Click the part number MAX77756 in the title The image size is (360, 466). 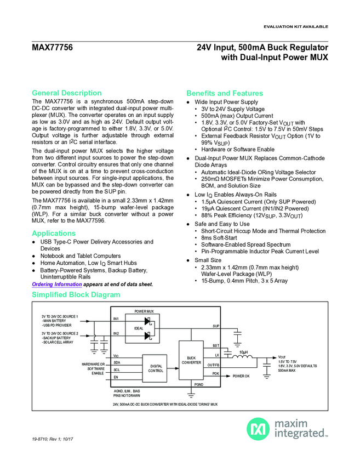click(53, 48)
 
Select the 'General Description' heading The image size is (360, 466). click(67, 93)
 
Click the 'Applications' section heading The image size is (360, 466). click(54, 234)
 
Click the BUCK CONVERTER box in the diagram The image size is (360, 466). click(191, 361)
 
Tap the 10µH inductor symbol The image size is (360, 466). click(244, 356)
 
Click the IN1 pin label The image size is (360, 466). click(116, 319)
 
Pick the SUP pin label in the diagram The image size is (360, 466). click(215, 327)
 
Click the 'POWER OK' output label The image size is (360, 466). click(241, 376)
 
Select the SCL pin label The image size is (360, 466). click(116, 370)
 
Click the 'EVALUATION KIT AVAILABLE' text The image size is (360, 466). click(296, 26)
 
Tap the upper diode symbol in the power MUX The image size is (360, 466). click(147, 321)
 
